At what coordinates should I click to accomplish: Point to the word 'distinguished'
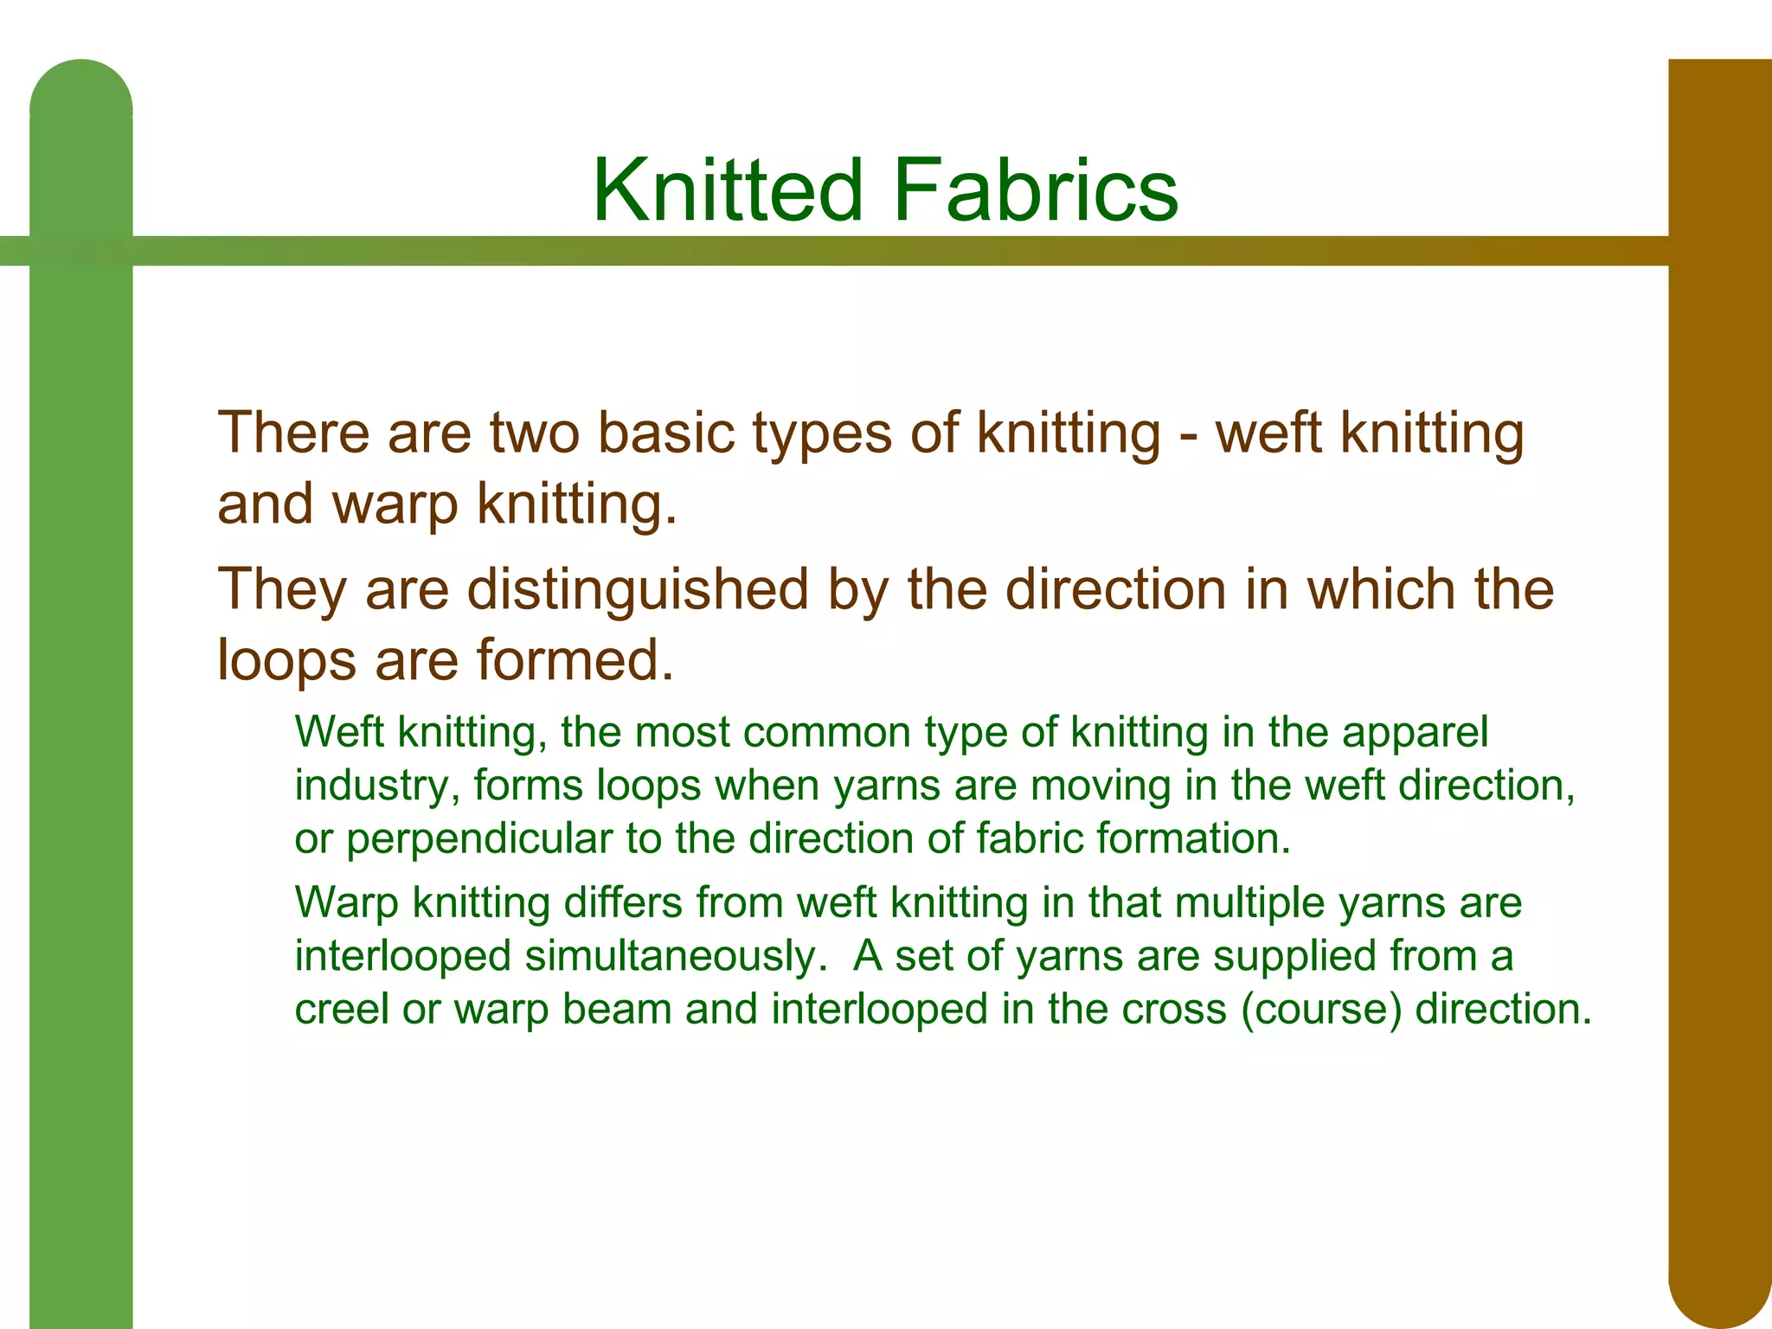[639, 590]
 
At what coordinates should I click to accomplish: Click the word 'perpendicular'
[478, 840]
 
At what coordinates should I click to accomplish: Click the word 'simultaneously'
[671, 957]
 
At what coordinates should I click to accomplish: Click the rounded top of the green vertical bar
[81, 95]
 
